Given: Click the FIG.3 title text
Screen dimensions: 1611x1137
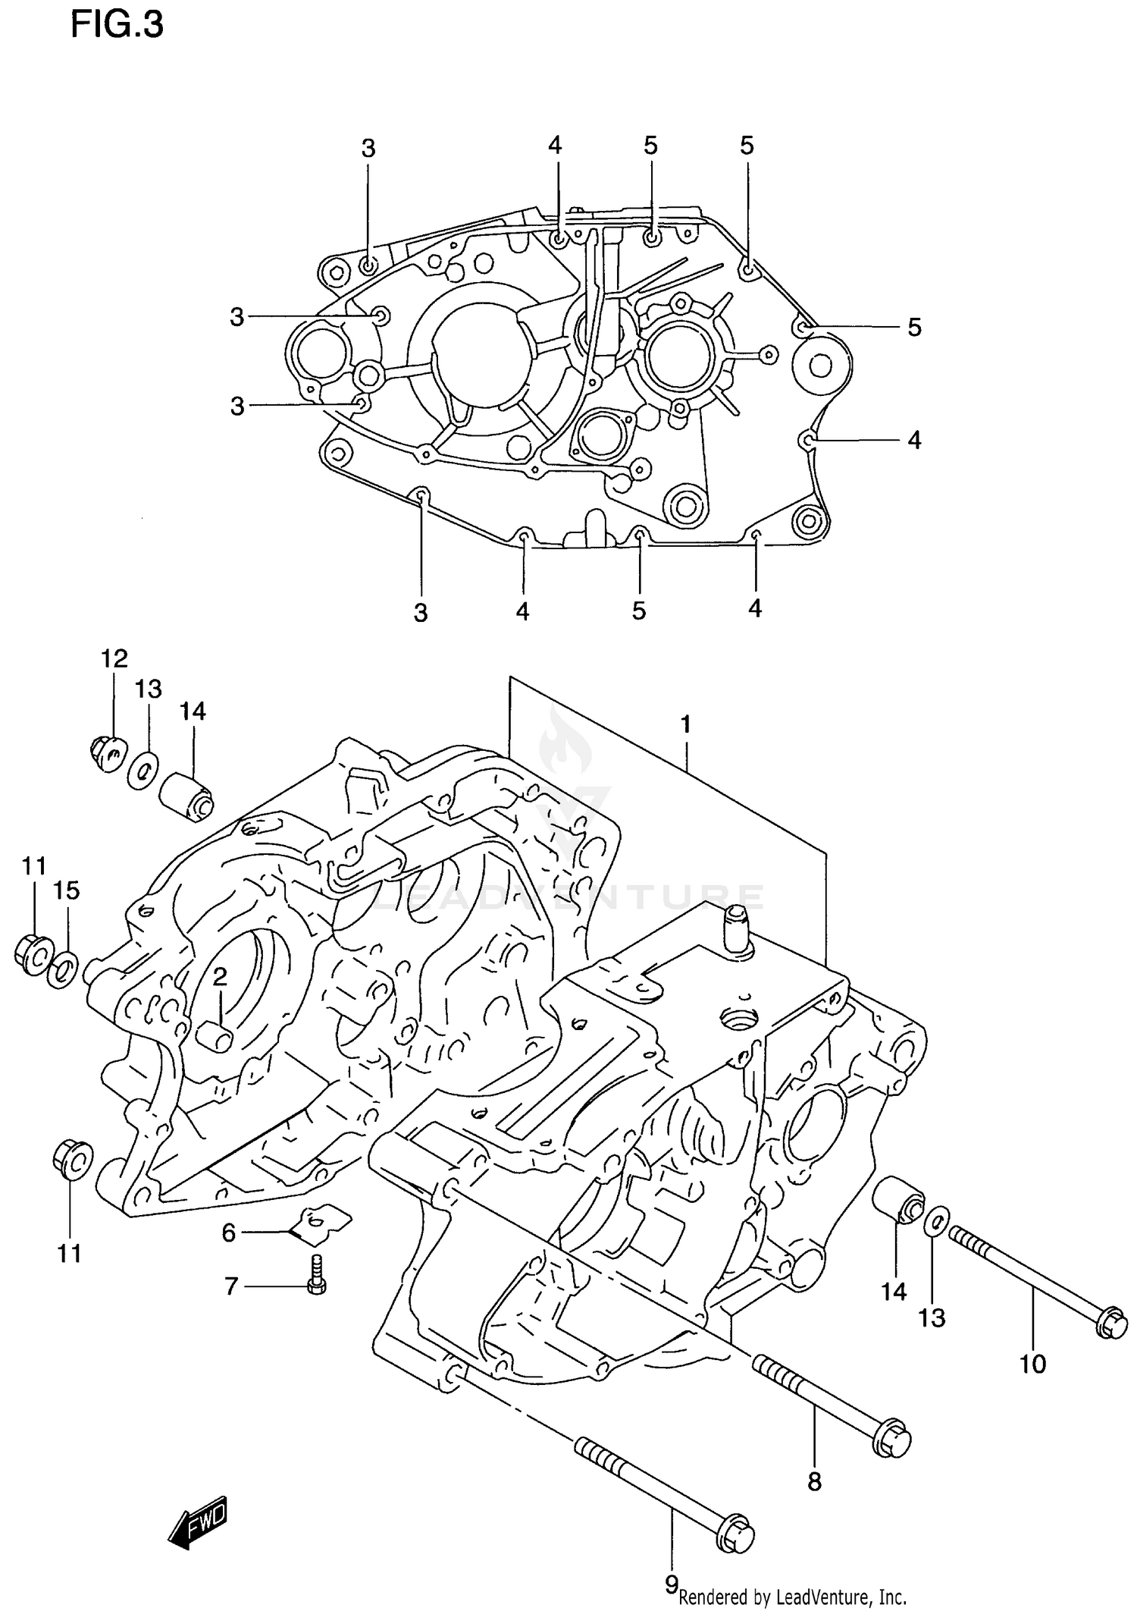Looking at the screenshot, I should pos(117,25).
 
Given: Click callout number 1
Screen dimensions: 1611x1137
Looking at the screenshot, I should pos(685,725).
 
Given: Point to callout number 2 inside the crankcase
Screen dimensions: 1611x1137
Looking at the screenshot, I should pos(220,978).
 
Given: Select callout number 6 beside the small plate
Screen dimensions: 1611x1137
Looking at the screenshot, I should pos(229,1233).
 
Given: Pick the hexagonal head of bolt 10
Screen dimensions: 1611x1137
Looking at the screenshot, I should pos(1112,1323).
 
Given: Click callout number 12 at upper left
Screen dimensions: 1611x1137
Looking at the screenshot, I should pos(114,658).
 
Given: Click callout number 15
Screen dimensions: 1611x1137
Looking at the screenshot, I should pos(66,890).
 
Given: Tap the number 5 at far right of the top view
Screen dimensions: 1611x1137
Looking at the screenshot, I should pos(914,328).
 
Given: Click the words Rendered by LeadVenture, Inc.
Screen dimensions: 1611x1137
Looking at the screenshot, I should pos(793,1597).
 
